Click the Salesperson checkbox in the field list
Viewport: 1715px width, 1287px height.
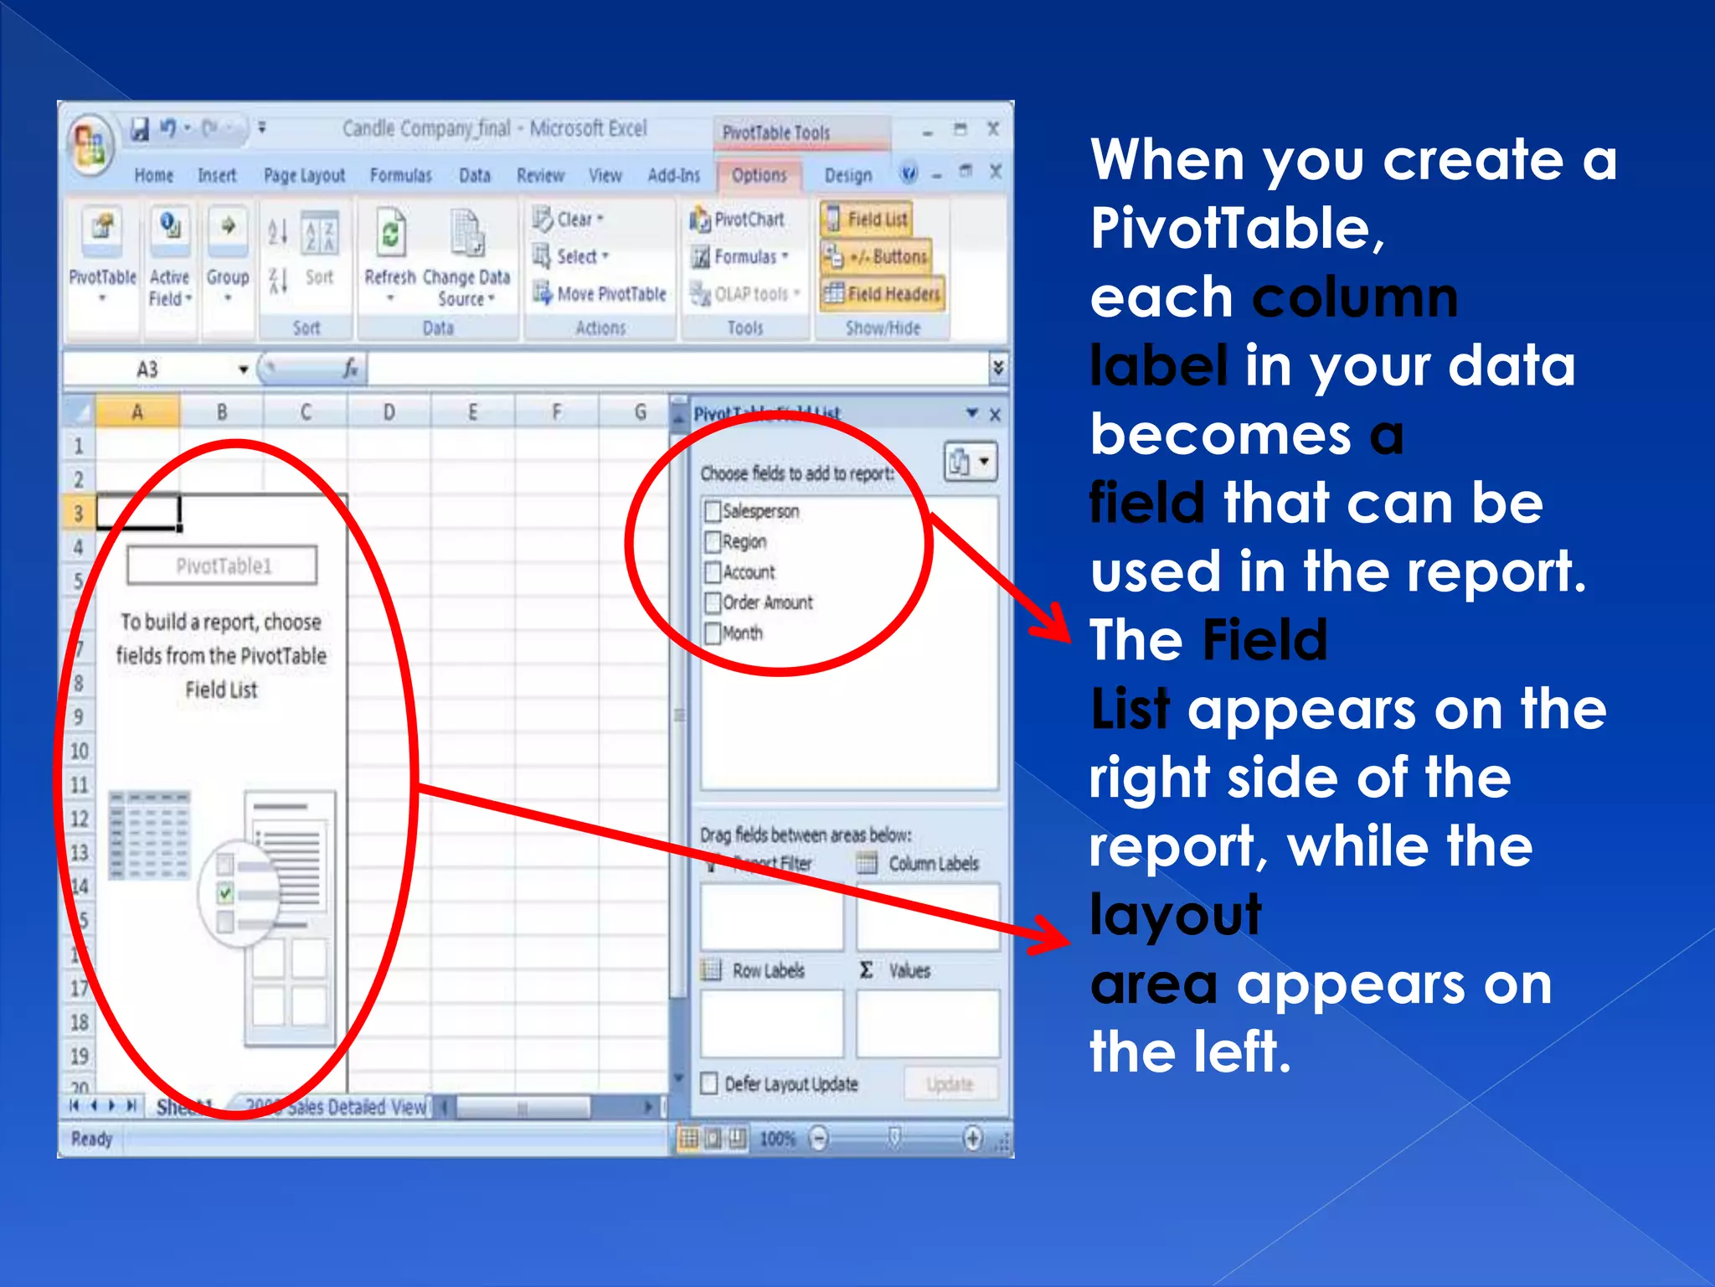click(713, 511)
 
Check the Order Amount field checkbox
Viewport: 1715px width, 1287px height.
click(713, 602)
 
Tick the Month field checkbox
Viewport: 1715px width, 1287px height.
click(713, 633)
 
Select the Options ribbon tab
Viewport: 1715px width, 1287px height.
click(759, 175)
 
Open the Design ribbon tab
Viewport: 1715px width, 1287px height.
click(847, 175)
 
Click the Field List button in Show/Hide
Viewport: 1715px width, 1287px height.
click(866, 219)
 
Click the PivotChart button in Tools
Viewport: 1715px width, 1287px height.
click(737, 220)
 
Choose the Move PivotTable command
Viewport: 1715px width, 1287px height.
click(600, 294)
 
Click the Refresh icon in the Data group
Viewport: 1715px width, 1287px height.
click(390, 235)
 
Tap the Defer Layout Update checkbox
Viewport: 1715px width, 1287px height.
click(709, 1083)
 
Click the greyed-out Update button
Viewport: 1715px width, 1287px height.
click(950, 1084)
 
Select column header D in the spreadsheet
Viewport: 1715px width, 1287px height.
click(389, 412)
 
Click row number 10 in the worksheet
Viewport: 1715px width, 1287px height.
click(79, 751)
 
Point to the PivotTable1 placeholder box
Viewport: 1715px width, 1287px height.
click(223, 566)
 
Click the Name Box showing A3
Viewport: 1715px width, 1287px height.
click(159, 370)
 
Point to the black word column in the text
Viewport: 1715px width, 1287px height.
click(1355, 297)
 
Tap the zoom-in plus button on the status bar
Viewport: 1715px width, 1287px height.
click(972, 1138)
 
